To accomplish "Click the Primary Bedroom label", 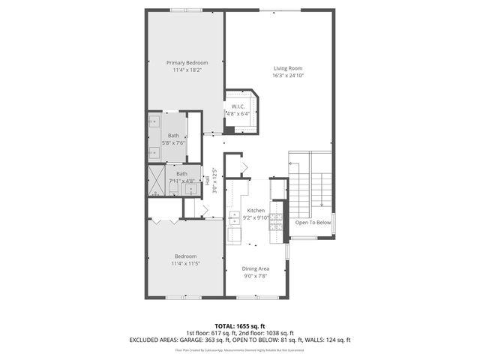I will click(x=187, y=62).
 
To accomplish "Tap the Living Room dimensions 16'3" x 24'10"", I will click(x=288, y=76).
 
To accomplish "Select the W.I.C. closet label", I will click(x=239, y=106).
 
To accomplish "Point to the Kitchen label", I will click(x=256, y=211).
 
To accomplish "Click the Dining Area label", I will click(x=255, y=268).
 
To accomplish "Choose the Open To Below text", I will click(x=313, y=223).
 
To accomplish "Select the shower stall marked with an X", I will click(x=157, y=181).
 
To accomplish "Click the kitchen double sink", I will click(x=234, y=217).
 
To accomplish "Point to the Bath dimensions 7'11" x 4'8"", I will click(x=181, y=181).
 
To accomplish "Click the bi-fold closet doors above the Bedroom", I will click(x=164, y=221).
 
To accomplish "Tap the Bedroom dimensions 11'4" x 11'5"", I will click(x=186, y=263).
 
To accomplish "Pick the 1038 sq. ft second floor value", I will click(x=279, y=332).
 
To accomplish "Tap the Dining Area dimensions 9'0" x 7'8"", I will click(x=255, y=276).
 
